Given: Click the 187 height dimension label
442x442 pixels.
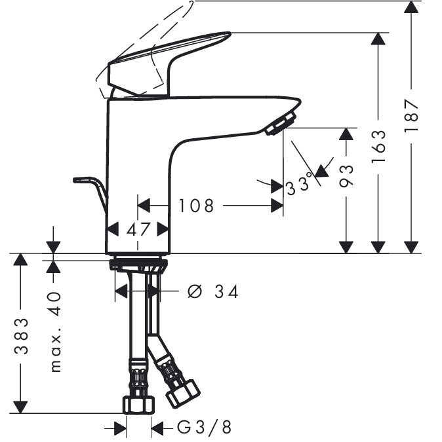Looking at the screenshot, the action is (x=411, y=115).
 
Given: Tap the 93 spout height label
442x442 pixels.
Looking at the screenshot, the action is (x=346, y=175).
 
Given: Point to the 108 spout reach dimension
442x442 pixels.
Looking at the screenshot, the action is (x=197, y=206).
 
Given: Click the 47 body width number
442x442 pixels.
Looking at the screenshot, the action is (x=138, y=229).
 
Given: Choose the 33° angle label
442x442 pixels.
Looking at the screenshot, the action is (x=300, y=185).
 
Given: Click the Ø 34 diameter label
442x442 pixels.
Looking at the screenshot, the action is (x=213, y=291).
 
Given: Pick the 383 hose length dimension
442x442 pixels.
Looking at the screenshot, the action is (x=21, y=336).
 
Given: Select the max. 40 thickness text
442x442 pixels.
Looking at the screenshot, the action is (x=55, y=332).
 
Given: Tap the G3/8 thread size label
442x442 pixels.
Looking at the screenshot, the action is (x=204, y=427).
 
